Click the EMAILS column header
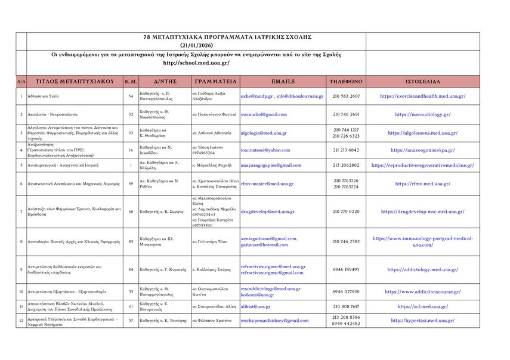pyautogui.click(x=283, y=81)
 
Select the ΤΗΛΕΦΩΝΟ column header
pyautogui.click(x=346, y=81)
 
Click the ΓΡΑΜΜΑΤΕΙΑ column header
pyautogui.click(x=215, y=81)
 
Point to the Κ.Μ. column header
pyautogui.click(x=131, y=81)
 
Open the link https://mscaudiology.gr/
pyautogui.click(x=422, y=114)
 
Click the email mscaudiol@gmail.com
pyautogui.click(x=264, y=114)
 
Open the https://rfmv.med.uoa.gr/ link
pyautogui.click(x=422, y=184)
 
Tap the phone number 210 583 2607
pyautogui.click(x=346, y=96)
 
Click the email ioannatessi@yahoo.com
pyautogui.click(x=265, y=150)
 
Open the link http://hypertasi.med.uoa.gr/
pyautogui.click(x=422, y=320)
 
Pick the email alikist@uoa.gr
pyautogui.click(x=255, y=306)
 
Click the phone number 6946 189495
pyautogui.click(x=346, y=269)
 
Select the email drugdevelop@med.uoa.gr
pyautogui.click(x=267, y=212)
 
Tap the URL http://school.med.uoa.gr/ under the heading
pyautogui.click(x=196, y=63)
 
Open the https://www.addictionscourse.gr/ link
pyautogui.click(x=422, y=292)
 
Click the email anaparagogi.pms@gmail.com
pyautogui.click(x=271, y=165)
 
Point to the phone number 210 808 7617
pyautogui.click(x=346, y=306)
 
